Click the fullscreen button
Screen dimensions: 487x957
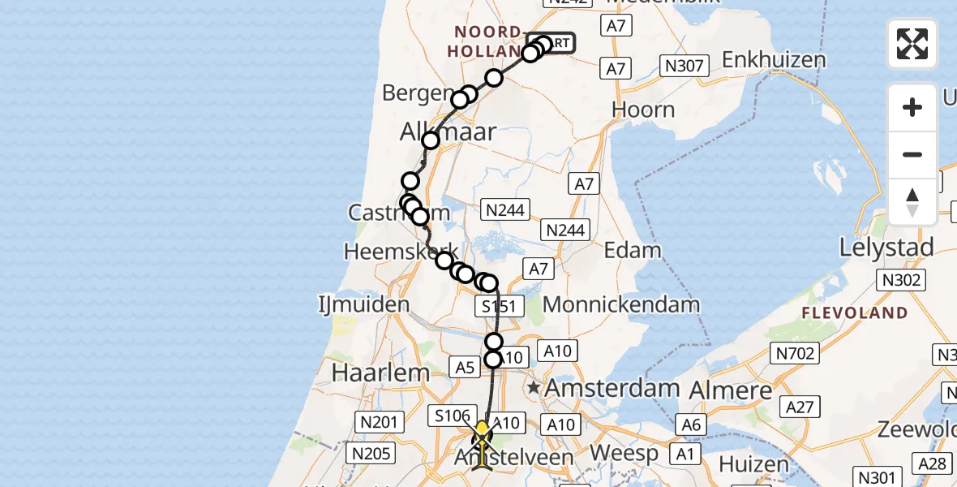tap(912, 44)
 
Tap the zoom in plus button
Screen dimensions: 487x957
tap(912, 107)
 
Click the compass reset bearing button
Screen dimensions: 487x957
tap(912, 201)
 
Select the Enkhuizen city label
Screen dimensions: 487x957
tap(774, 60)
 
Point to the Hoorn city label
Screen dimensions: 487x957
tap(643, 110)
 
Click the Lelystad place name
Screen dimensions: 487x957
tap(886, 247)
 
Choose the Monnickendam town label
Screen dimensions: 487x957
tap(621, 305)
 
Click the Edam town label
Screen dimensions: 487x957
tap(633, 250)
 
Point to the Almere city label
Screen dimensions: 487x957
tap(730, 390)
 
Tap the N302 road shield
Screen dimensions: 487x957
tap(900, 281)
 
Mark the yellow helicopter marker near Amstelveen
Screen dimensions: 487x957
tap(483, 442)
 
